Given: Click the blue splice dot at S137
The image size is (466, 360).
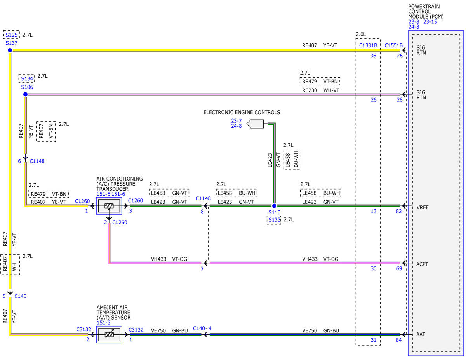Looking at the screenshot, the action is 10,50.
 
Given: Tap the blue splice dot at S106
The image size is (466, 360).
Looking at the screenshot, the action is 25,94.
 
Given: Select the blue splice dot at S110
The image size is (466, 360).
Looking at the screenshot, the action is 274,206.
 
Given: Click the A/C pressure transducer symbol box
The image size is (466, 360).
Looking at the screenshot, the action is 109,206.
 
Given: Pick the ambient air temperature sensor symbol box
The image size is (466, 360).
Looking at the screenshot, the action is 109,334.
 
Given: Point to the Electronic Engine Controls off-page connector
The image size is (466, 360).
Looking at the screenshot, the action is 255,124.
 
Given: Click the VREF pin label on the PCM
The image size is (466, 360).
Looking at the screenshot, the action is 422,207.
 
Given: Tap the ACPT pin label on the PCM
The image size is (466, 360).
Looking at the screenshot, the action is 422,264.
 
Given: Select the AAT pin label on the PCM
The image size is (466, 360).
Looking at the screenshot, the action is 420,334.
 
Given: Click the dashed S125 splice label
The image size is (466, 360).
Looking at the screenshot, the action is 12,35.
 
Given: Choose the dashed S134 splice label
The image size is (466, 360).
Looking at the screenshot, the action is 27,78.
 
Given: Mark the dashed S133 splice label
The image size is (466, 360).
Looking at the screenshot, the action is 274,220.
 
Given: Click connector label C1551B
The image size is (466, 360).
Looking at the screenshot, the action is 393,45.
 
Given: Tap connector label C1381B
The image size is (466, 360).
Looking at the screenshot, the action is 368,45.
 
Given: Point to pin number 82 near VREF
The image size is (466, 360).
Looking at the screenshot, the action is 399,211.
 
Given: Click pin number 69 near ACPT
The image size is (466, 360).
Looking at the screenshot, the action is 399,268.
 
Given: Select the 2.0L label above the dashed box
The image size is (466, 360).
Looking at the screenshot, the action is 361,34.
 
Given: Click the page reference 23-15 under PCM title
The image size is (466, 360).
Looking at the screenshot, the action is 430,22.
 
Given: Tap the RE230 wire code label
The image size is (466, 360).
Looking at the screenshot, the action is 310,90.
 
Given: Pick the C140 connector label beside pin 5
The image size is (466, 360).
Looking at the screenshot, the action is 20,296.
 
